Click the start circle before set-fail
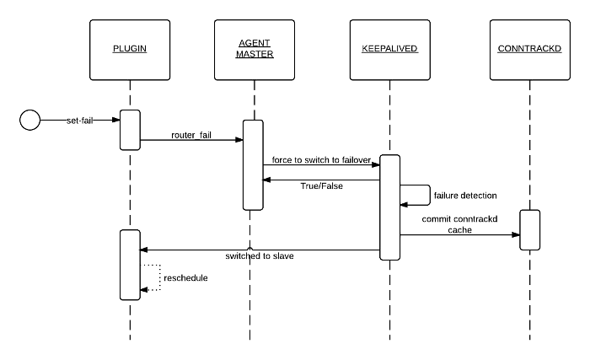tap(29, 121)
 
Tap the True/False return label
tap(320, 185)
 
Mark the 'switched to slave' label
tap(260, 255)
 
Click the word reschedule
tap(185, 277)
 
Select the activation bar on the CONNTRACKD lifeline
tap(529, 229)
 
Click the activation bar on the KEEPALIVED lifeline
tap(389, 207)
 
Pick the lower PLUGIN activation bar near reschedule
tap(130, 263)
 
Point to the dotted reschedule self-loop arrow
tap(153, 277)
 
